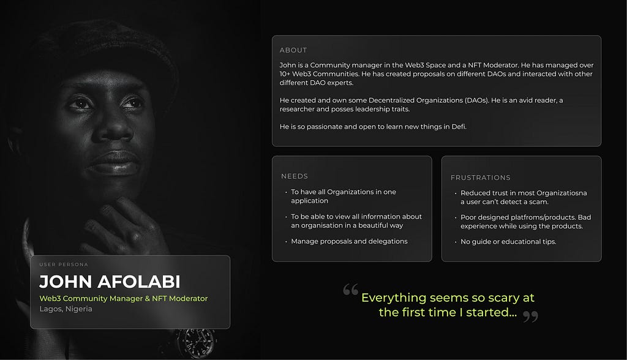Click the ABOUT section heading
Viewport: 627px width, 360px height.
click(293, 50)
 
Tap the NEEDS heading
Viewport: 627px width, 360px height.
click(295, 176)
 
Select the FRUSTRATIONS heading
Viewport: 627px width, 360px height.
click(480, 178)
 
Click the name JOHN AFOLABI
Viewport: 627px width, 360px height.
click(110, 282)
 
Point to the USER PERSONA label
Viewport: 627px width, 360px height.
click(64, 264)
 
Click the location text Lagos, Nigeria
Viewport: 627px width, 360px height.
click(66, 309)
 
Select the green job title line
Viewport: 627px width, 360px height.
click(124, 298)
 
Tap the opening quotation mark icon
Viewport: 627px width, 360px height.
click(351, 289)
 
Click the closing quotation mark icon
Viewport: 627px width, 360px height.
click(531, 317)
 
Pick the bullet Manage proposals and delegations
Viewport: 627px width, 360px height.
click(349, 241)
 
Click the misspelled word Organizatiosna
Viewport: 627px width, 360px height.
click(561, 193)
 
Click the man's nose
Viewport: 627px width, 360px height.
click(113, 128)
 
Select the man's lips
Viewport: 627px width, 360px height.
click(115, 162)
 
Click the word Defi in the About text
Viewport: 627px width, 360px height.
click(459, 127)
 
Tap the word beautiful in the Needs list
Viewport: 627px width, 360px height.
click(371, 225)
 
